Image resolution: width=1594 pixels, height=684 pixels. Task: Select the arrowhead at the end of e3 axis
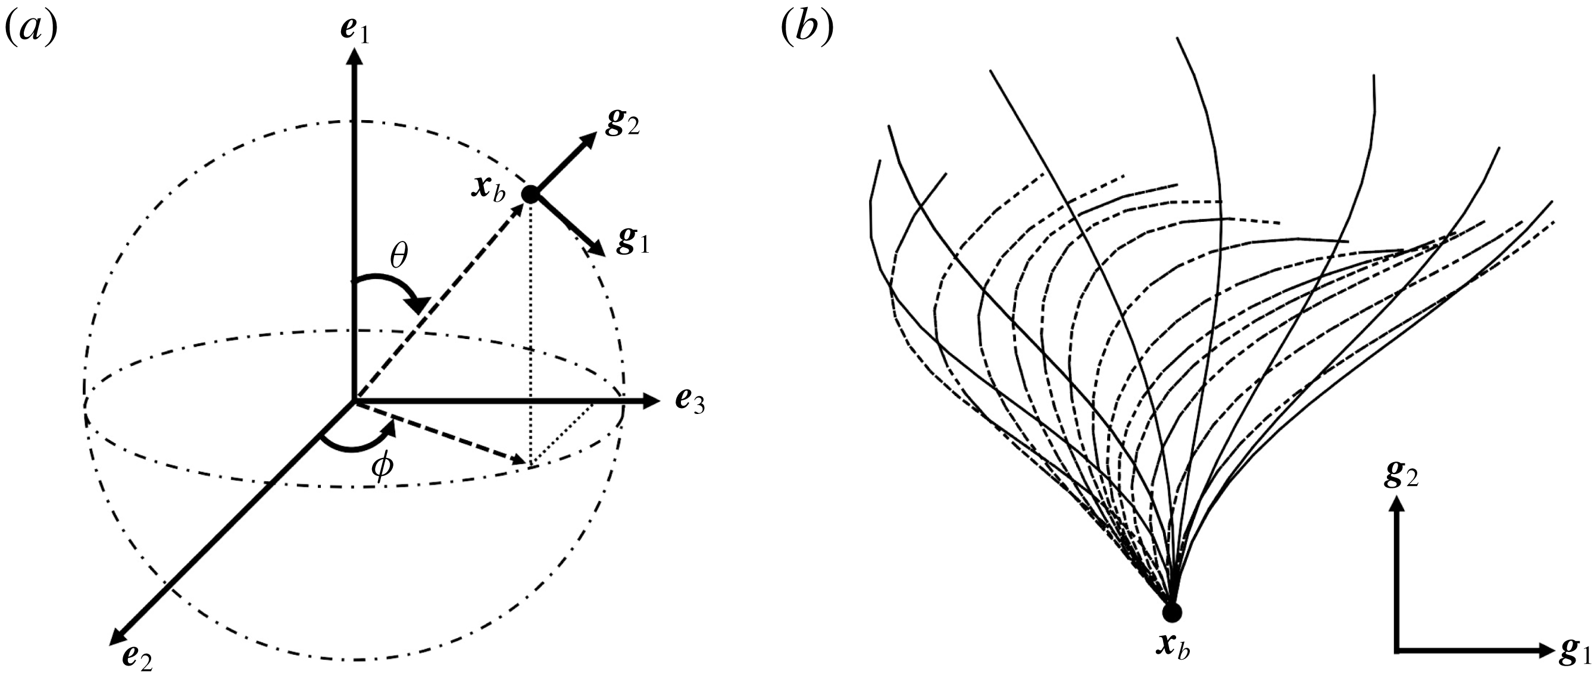650,401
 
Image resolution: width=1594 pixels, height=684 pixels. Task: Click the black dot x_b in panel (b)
1171,612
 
